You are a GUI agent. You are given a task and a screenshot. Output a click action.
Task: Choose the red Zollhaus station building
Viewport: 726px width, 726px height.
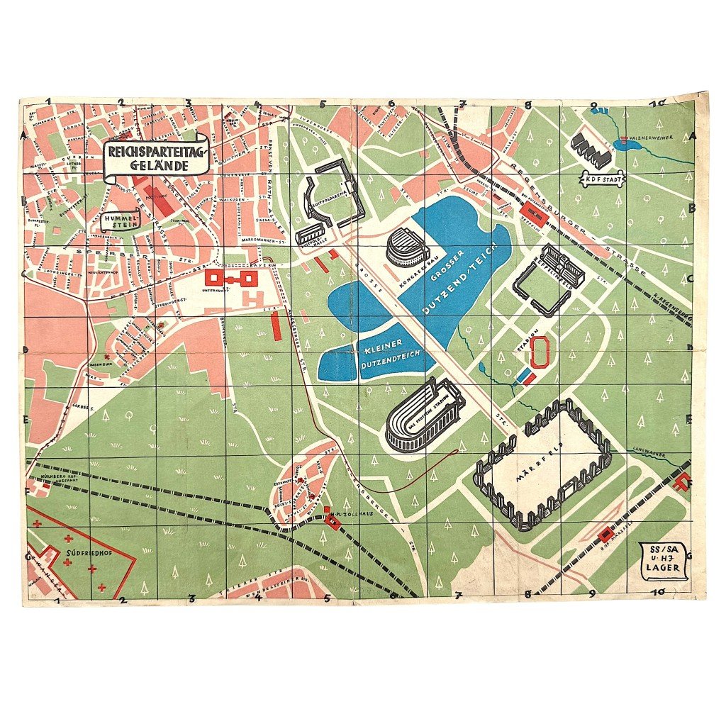332,521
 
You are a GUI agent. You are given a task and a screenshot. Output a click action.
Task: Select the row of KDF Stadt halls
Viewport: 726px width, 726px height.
591,149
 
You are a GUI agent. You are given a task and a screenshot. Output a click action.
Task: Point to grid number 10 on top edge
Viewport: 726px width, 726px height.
659,104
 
